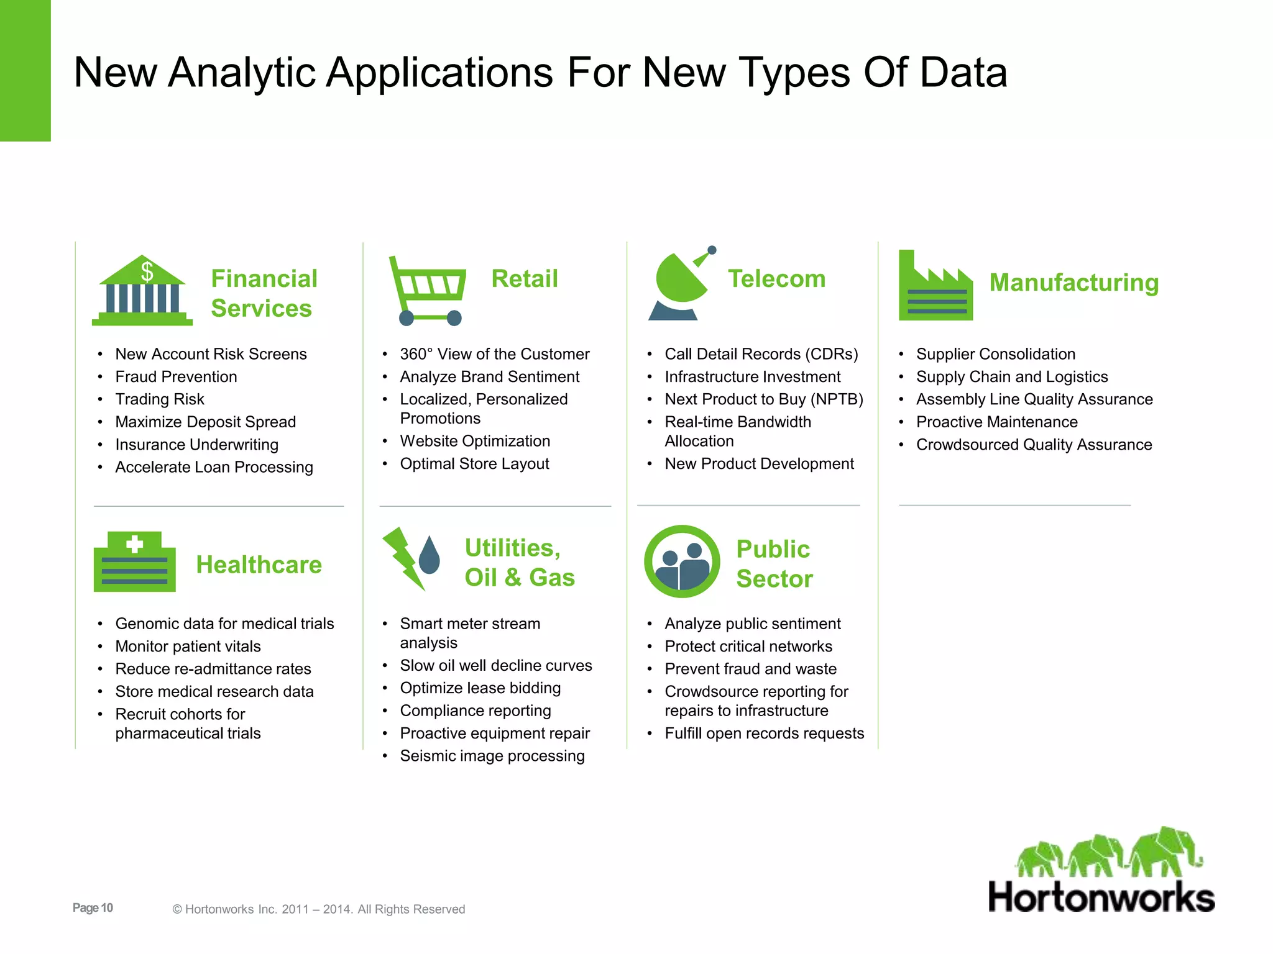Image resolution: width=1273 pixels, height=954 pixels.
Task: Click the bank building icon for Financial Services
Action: [142, 292]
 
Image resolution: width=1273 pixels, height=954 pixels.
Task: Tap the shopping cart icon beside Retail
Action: [428, 290]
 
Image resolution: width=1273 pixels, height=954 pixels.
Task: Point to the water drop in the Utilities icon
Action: [429, 556]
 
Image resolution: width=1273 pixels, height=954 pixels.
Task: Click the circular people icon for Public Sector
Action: [682, 561]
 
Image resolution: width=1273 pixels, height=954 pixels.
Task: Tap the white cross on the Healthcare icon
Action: [135, 545]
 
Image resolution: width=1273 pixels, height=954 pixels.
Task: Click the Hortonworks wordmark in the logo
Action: [1101, 897]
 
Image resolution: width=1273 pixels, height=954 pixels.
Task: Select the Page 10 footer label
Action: [93, 907]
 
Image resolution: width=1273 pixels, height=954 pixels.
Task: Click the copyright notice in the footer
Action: [318, 909]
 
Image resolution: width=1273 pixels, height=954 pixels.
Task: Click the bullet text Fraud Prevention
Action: [176, 376]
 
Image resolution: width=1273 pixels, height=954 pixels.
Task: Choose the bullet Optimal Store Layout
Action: [474, 463]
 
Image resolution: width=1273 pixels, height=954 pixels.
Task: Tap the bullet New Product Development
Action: [759, 463]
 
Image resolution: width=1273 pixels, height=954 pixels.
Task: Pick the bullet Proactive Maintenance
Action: [996, 422]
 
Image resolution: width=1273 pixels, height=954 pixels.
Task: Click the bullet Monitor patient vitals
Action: [188, 646]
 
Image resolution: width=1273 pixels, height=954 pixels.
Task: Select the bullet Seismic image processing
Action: [492, 756]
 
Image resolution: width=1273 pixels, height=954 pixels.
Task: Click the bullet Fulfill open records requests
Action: [764, 733]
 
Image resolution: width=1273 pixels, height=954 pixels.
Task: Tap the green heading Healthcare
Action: [259, 565]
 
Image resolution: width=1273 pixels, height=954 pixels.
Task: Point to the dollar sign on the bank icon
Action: [147, 271]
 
